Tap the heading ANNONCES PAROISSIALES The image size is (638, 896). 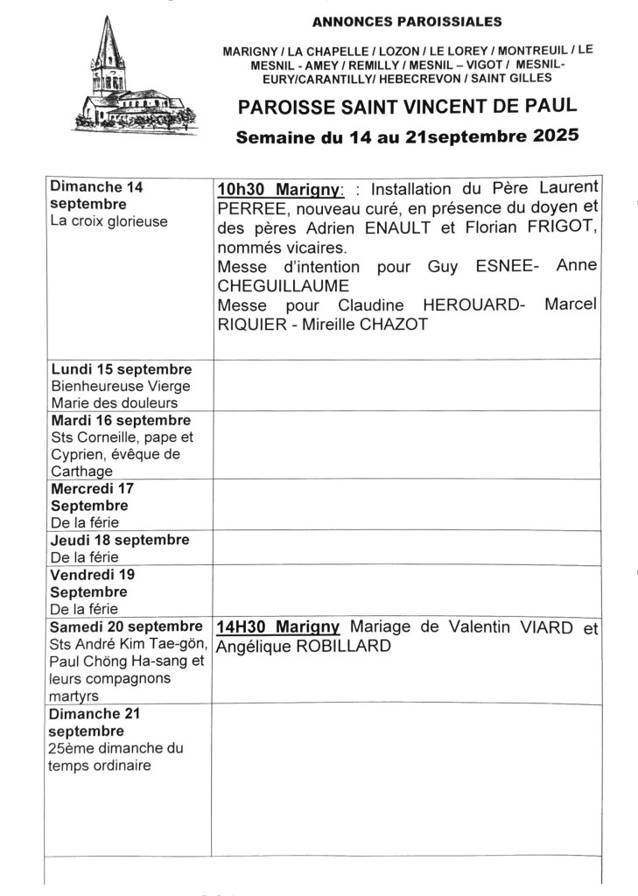pos(407,22)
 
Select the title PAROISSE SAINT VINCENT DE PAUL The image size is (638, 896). pos(407,107)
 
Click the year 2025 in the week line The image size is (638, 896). pos(552,137)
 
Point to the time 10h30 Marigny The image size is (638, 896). pos(280,190)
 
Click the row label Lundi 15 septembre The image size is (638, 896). pos(121,369)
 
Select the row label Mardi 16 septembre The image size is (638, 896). pos(121,421)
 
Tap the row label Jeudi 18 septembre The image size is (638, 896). pos(120,540)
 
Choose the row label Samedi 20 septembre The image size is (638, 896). pos(125,626)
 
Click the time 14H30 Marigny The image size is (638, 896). pos(278,627)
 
